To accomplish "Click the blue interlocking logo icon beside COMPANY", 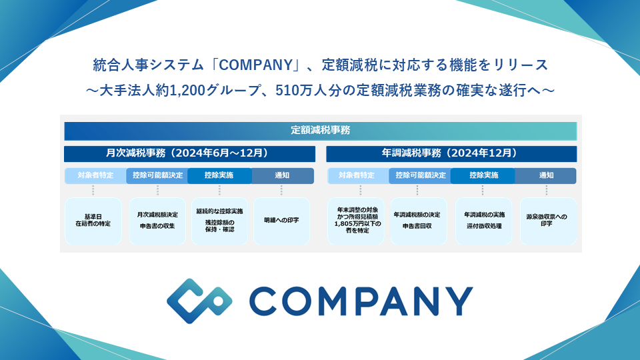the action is pos(199,301).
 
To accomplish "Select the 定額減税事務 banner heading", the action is pos(320,130).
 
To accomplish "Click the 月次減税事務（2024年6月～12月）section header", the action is pos(189,153).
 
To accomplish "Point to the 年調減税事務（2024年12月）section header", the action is pos(451,153).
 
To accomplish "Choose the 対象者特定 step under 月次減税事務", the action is pos(94,176).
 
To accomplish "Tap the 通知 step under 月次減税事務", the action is pos(282,176).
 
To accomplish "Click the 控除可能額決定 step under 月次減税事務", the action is pos(157,176).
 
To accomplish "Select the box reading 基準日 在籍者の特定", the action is pos(93,221).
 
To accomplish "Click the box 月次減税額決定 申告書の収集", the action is pos(157,221).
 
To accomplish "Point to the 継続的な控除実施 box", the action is pos(219,221).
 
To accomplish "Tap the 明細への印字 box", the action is pos(281,221).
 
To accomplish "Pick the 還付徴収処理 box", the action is pos(484,221).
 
